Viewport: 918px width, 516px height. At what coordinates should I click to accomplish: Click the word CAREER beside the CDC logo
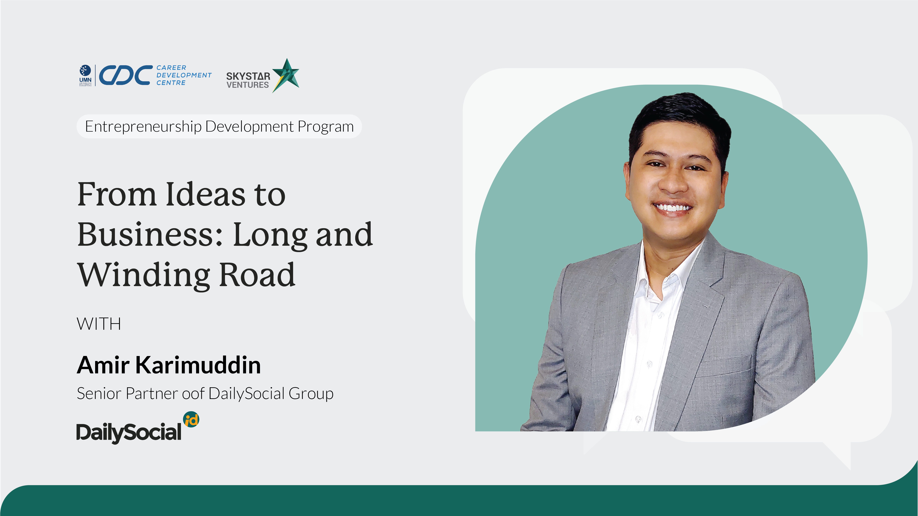pyautogui.click(x=171, y=68)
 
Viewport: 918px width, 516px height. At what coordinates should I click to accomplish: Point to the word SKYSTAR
pyautogui.click(x=248, y=76)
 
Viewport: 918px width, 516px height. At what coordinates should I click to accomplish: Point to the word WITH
pyautogui.click(x=99, y=324)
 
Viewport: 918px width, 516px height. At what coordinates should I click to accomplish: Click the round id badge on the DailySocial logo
pyautogui.click(x=191, y=419)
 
